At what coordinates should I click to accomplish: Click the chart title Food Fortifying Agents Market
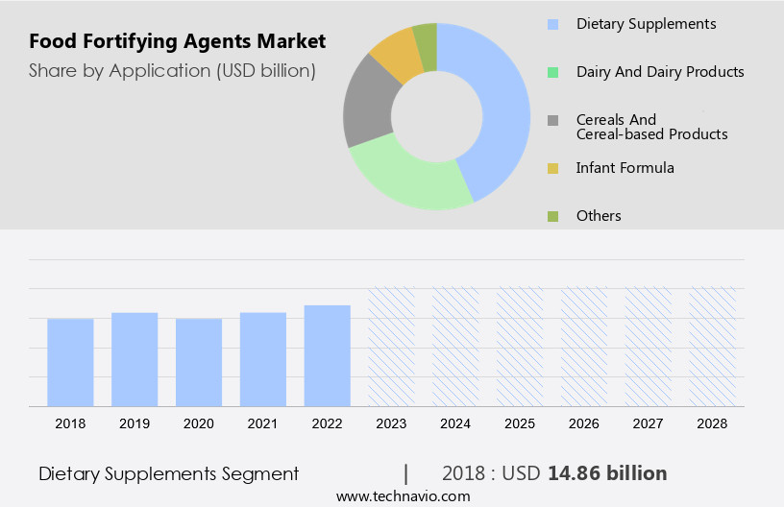[x=177, y=41]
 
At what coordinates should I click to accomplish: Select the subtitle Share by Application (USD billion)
[x=172, y=70]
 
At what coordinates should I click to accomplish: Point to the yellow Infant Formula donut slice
[x=395, y=56]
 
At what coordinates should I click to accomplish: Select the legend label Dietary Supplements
[x=646, y=23]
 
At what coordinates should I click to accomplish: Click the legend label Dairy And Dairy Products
[x=659, y=72]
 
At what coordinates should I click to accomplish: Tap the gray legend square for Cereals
[x=552, y=121]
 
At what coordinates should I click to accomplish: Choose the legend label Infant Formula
[x=625, y=168]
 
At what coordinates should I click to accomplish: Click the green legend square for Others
[x=552, y=216]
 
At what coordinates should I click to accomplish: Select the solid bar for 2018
[x=70, y=362]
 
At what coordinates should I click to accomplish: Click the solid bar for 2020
[x=199, y=362]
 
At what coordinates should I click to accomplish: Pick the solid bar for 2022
[x=328, y=355]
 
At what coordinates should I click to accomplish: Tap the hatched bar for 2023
[x=392, y=346]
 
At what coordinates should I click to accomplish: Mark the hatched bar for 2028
[x=713, y=346]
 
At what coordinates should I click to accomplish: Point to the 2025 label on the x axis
[x=520, y=423]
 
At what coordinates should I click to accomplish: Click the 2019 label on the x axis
[x=135, y=423]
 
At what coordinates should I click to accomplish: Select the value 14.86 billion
[x=607, y=473]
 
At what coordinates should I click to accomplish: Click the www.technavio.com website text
[x=403, y=496]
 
